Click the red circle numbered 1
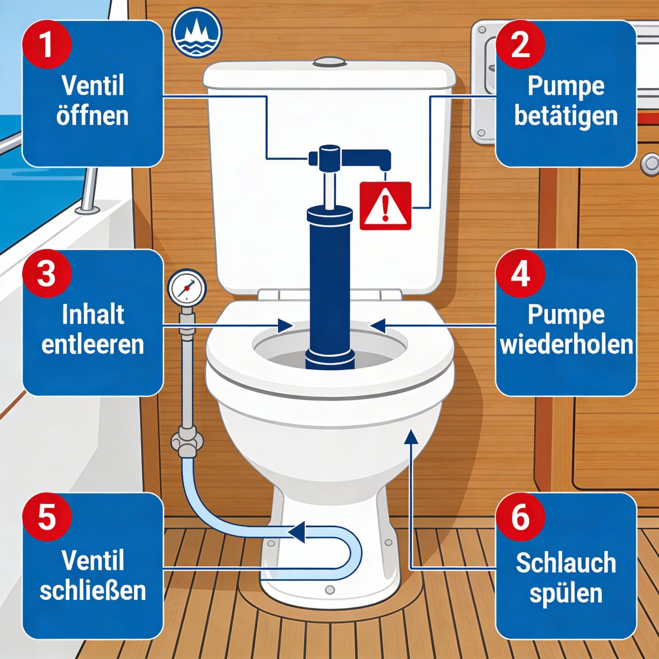[x=46, y=44]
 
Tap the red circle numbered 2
[x=520, y=44]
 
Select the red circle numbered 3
[x=46, y=273]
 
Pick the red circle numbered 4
[x=520, y=273]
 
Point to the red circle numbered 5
[x=46, y=516]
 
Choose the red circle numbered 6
[x=520, y=516]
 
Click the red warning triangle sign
[x=385, y=206]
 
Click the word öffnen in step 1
[x=93, y=115]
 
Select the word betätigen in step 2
[x=566, y=115]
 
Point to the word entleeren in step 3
[x=93, y=344]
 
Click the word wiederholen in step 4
[x=566, y=344]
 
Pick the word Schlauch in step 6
[x=566, y=562]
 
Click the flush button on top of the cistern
[x=329, y=62]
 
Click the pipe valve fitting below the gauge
[x=187, y=441]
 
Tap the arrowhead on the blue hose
[x=297, y=532]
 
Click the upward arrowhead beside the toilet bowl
[x=410, y=437]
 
